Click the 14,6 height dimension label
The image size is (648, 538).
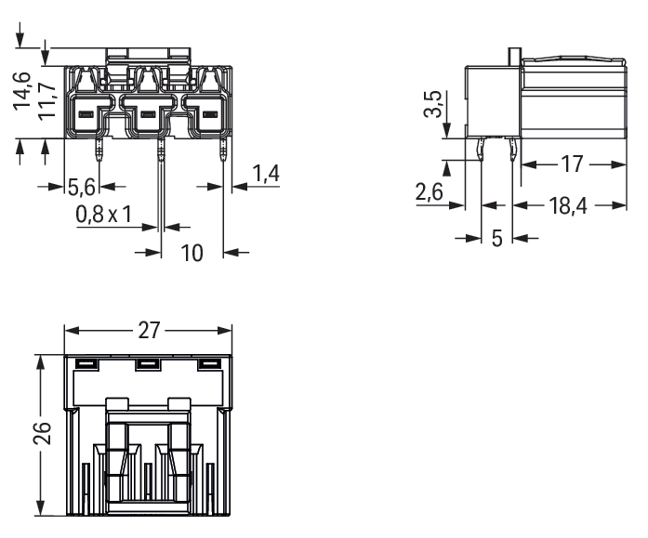coord(22,91)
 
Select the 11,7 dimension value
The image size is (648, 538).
coord(47,101)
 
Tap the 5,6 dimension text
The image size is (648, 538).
coord(82,188)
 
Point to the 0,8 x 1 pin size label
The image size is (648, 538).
coord(104,215)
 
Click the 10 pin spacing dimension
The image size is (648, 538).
coord(192,253)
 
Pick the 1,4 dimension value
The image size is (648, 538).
coord(266,174)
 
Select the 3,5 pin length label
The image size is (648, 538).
coord(433,104)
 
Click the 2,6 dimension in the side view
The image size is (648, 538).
coord(430,192)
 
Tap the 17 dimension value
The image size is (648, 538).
coord(573,164)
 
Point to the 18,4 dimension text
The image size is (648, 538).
coord(568,205)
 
